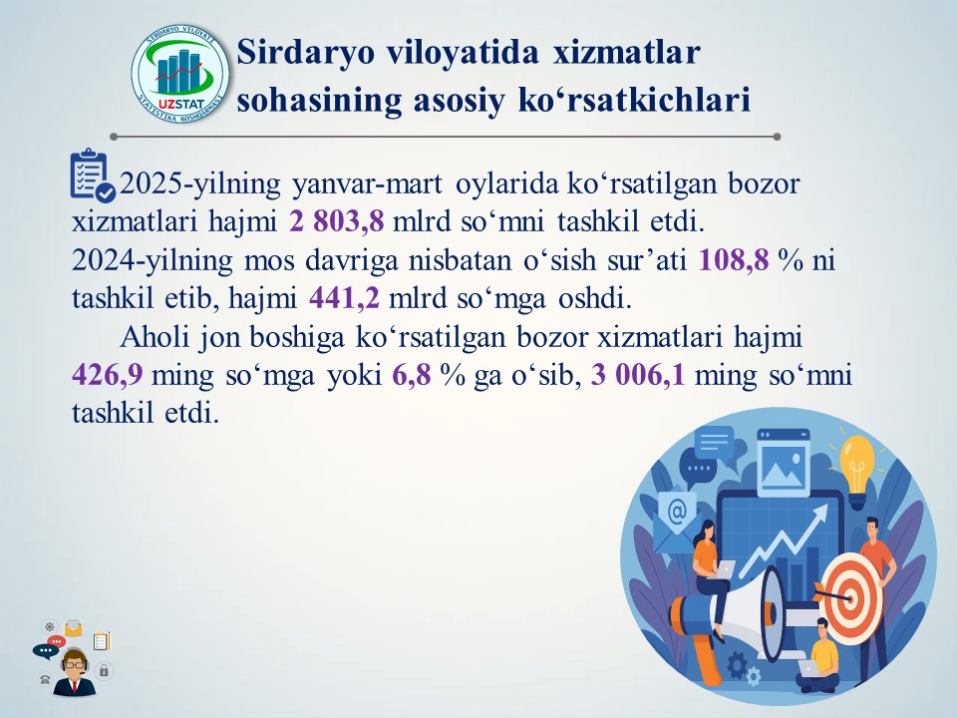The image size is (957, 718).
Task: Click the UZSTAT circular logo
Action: tap(180, 74)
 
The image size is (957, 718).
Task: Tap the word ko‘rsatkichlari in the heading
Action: tap(634, 100)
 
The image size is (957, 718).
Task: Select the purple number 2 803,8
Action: tap(336, 220)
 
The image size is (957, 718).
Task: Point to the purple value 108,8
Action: tap(733, 259)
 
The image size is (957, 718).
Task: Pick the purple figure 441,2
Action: tap(344, 298)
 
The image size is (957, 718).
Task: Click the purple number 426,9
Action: tap(108, 374)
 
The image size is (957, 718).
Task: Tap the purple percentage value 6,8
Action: tap(412, 374)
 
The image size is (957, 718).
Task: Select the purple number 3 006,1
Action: tap(638, 374)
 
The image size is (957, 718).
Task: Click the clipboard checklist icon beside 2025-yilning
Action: tap(92, 176)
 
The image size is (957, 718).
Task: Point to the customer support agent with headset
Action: tap(75, 672)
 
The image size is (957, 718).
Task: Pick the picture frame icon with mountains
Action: tap(784, 462)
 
